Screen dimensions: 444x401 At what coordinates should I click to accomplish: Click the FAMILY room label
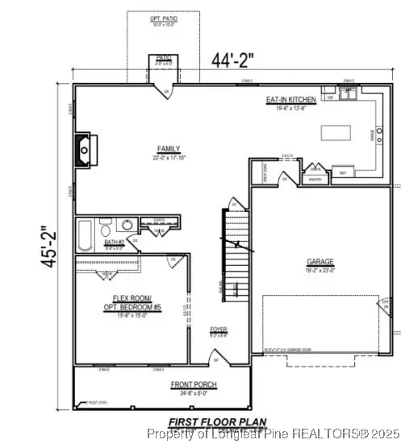(168, 149)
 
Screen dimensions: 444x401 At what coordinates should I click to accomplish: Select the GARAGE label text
(320, 262)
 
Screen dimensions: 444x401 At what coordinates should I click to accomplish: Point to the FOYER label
(219, 329)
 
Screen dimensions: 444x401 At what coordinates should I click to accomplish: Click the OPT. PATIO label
(164, 18)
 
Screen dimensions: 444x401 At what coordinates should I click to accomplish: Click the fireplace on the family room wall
(84, 148)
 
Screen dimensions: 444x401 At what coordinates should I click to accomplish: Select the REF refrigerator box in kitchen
(342, 172)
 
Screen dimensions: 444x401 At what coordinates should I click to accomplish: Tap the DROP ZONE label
(262, 172)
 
